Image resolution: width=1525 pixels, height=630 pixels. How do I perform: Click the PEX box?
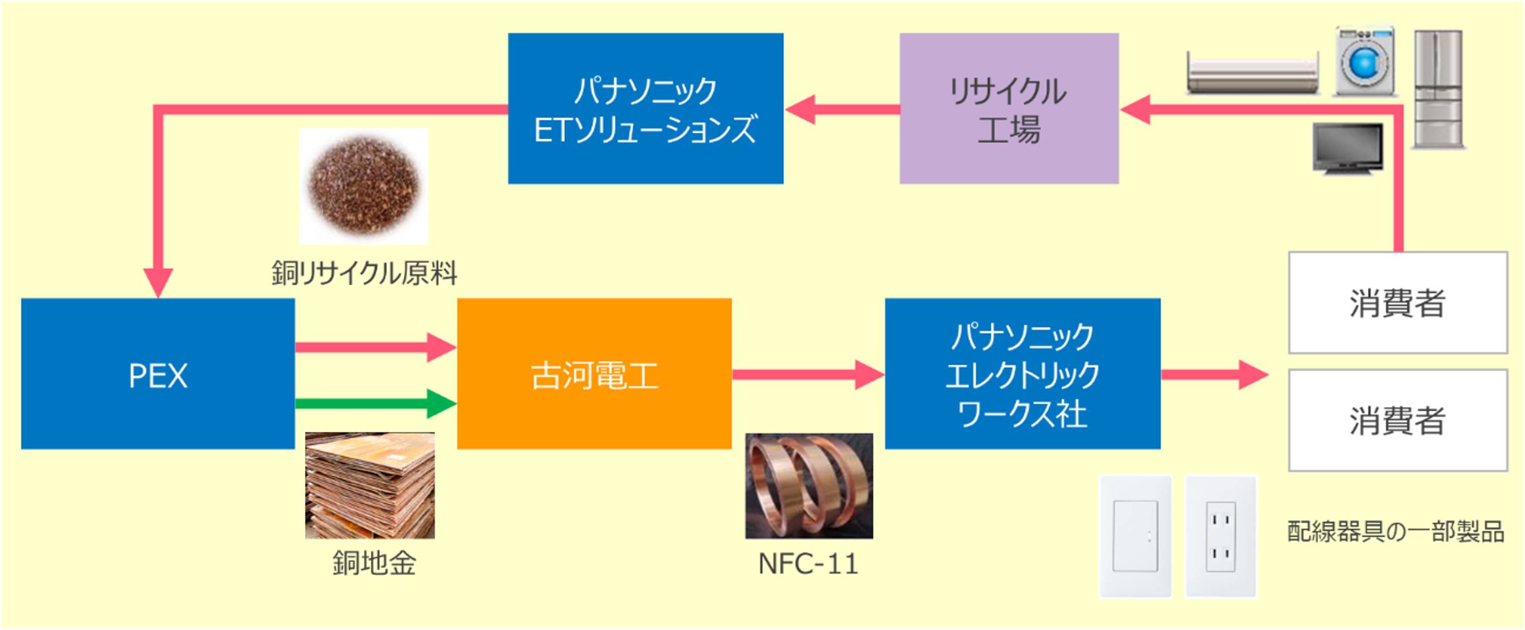click(x=158, y=374)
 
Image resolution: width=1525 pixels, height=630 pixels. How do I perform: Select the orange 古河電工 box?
click(x=594, y=374)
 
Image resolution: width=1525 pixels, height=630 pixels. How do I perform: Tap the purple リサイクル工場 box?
click(x=1009, y=109)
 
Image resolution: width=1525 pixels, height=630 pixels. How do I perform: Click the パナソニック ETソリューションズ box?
click(x=645, y=109)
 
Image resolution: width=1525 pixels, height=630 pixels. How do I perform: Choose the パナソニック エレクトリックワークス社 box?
click(x=1022, y=374)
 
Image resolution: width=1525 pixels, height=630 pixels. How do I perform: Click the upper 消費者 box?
click(x=1397, y=303)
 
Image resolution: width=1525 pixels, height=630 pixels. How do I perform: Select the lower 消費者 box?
click(x=1397, y=420)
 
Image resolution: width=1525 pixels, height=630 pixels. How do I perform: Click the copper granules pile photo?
click(x=363, y=186)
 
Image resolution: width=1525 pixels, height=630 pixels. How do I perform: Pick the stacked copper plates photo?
click(x=370, y=485)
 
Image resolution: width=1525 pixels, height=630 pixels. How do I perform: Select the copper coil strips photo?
click(x=809, y=486)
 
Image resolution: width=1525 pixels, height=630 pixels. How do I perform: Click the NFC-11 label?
click(x=808, y=564)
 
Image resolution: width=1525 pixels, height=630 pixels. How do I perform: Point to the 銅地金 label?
click(x=374, y=562)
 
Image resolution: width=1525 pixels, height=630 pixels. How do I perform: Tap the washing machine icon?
click(x=1365, y=62)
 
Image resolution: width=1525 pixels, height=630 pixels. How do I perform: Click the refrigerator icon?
click(x=1438, y=89)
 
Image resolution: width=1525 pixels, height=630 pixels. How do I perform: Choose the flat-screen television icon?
click(x=1348, y=148)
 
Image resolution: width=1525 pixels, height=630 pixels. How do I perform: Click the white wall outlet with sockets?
click(x=1220, y=536)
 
